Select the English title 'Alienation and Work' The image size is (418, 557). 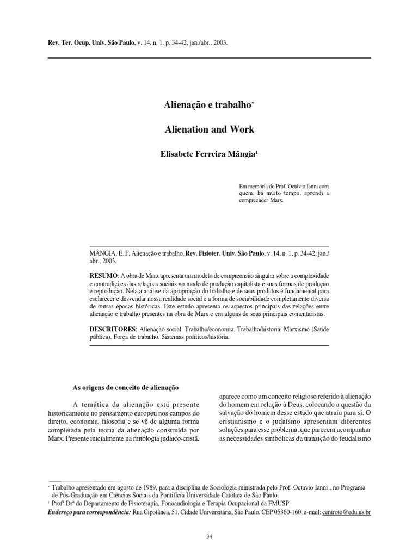point(210,131)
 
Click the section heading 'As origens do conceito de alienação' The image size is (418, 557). point(126,387)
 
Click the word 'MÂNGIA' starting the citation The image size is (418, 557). point(101,253)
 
